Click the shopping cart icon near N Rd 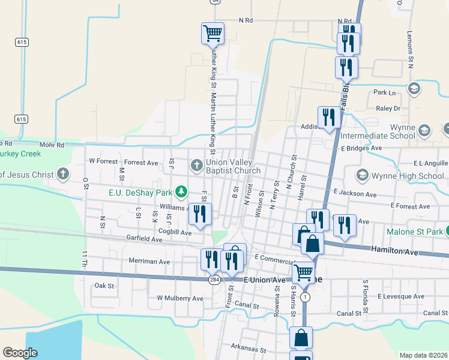212,33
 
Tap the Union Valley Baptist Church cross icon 196,165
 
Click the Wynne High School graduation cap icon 362,175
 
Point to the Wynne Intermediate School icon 424,130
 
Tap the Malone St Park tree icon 445,232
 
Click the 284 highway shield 214,280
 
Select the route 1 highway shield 306,297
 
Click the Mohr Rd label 52,145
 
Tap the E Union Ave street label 265,280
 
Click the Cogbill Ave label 175,232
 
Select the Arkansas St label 248,348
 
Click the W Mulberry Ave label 180,298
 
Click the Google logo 20,353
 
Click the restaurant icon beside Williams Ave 199,214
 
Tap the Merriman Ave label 149,262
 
